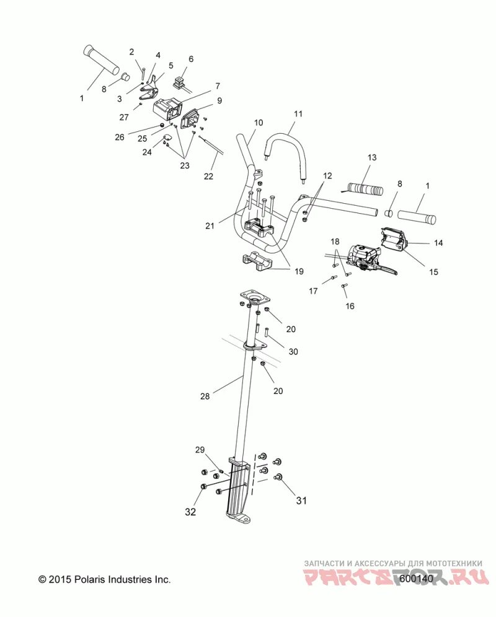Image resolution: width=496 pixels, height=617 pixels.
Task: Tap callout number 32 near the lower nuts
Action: (x=190, y=512)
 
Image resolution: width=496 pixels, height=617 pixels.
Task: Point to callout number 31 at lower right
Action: (x=301, y=501)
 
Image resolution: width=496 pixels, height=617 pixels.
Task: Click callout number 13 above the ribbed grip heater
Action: (x=372, y=158)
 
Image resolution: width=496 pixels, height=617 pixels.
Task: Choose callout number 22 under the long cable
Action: (x=208, y=176)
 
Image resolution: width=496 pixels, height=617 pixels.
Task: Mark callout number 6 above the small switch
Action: (x=190, y=59)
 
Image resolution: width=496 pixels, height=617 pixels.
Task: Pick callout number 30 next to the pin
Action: (x=293, y=351)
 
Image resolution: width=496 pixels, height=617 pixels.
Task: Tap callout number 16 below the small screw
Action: (x=350, y=306)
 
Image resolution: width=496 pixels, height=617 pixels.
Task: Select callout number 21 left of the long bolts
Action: (x=210, y=226)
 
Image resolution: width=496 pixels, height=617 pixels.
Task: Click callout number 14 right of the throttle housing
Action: (x=438, y=243)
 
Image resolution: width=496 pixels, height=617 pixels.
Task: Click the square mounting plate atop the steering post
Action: (x=253, y=297)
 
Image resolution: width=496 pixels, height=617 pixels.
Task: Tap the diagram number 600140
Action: (x=416, y=579)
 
